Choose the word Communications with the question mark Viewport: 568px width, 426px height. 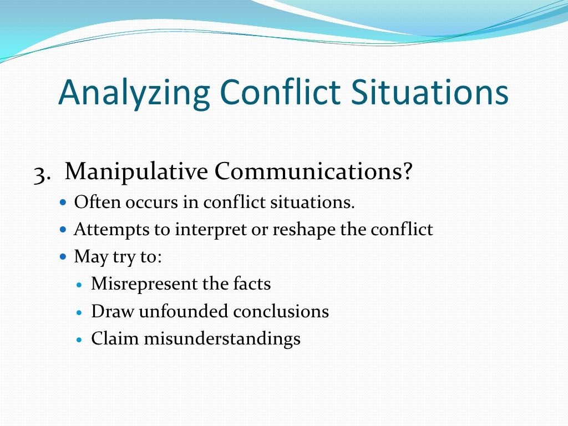pos(314,172)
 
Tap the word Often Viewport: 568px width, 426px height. pos(90,202)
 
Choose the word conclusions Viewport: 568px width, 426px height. pos(281,311)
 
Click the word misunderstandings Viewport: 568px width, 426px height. pos(222,339)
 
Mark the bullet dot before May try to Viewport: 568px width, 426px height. pos(63,257)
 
